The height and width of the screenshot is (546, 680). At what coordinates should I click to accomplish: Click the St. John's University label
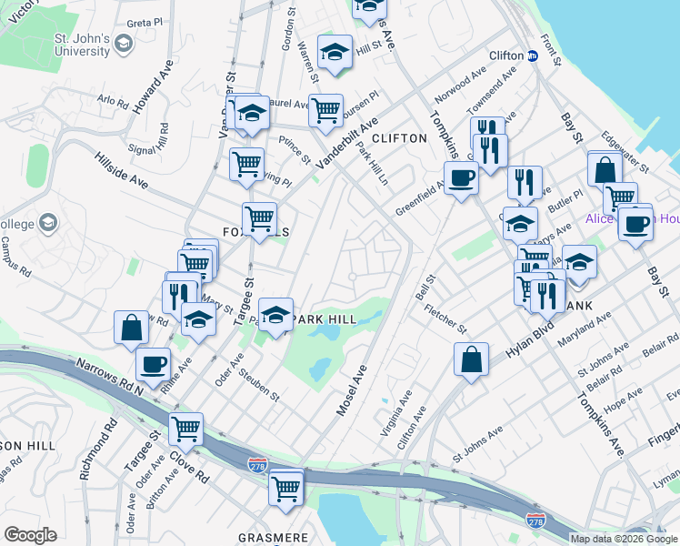click(82, 45)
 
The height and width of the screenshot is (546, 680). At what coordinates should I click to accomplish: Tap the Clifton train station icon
click(534, 56)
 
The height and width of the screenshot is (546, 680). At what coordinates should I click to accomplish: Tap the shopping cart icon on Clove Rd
click(186, 427)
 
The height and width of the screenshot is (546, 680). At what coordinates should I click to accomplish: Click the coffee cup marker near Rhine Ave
click(153, 363)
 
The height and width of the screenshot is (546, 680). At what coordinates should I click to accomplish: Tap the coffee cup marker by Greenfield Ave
click(461, 177)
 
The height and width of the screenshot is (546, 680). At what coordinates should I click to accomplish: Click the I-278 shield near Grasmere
click(258, 465)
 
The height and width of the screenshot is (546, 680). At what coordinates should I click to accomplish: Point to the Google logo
click(31, 535)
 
